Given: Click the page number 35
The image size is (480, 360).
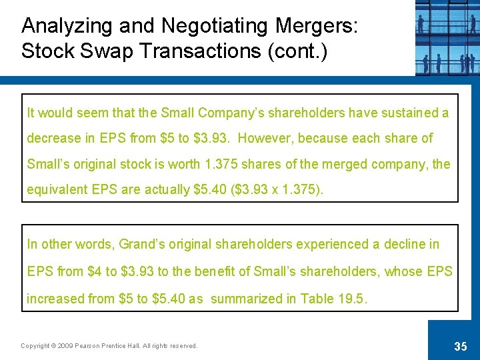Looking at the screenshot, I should pyautogui.click(x=460, y=346).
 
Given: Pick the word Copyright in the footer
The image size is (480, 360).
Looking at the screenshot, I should pyautogui.click(x=34, y=346).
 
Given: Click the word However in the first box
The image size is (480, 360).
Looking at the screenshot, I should pyautogui.click(x=267, y=139).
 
